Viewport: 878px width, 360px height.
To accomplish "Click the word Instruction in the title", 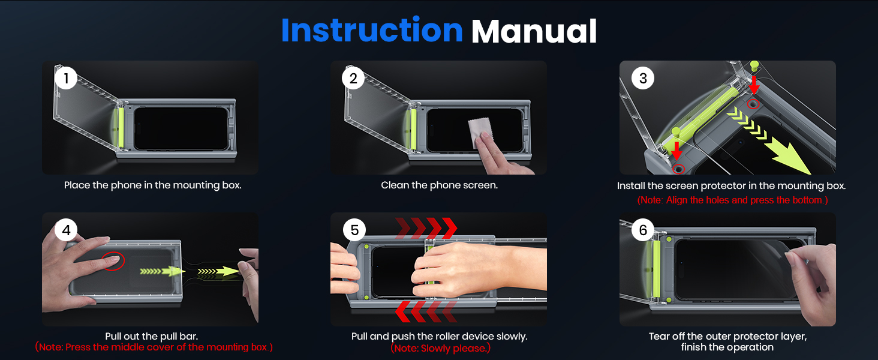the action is (372, 30).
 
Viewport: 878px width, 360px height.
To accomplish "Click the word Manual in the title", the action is (534, 31).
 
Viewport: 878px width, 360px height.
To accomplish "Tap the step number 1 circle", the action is (66, 78).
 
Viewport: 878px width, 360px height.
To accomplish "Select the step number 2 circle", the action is (353, 78).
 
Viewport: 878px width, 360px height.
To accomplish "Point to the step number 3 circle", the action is (643, 78).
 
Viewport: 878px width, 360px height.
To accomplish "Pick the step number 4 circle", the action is (66, 230).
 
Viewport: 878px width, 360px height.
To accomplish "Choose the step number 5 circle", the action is (354, 230).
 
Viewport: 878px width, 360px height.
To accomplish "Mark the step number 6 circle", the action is (643, 230).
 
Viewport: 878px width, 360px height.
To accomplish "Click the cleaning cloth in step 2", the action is (479, 132).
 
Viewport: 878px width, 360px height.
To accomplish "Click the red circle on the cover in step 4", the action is (113, 261).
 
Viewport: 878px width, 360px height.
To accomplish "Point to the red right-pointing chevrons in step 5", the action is (426, 228).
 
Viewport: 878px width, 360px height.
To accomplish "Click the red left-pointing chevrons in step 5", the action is (426, 312).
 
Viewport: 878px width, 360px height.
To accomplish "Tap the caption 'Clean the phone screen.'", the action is (440, 185).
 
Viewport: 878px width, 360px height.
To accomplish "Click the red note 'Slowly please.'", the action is (441, 348).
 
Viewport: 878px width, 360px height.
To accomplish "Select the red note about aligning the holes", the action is (733, 200).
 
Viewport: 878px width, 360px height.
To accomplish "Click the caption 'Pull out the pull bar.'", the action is (152, 336).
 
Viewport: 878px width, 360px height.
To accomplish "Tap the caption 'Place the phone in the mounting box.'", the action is (153, 185).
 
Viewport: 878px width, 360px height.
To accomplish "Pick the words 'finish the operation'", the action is (727, 347).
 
